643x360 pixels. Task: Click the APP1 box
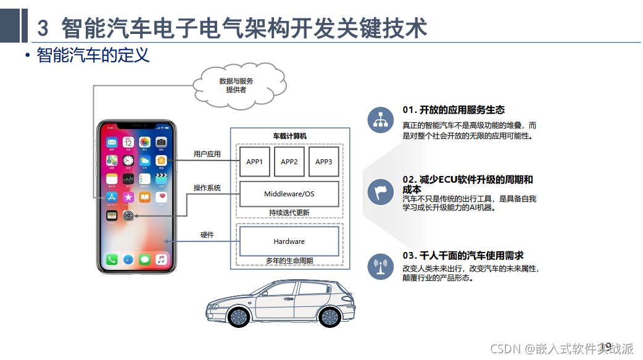tap(255, 162)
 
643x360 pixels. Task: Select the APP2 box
tap(289, 162)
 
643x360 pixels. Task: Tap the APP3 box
tap(324, 162)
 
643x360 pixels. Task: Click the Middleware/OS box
tap(289, 194)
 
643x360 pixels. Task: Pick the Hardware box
tap(289, 241)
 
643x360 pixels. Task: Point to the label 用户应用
tap(207, 154)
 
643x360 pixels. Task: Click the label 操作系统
tap(207, 188)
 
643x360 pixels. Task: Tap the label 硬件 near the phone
tap(207, 235)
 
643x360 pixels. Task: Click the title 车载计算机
tap(289, 136)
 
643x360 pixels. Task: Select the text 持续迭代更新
tap(289, 212)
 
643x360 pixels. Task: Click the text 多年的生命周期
tap(289, 261)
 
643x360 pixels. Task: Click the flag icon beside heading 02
tap(380, 192)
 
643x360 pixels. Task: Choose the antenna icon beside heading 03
tap(380, 266)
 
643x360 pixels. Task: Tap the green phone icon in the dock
tap(112, 260)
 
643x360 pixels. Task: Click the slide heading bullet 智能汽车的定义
tap(93, 56)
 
